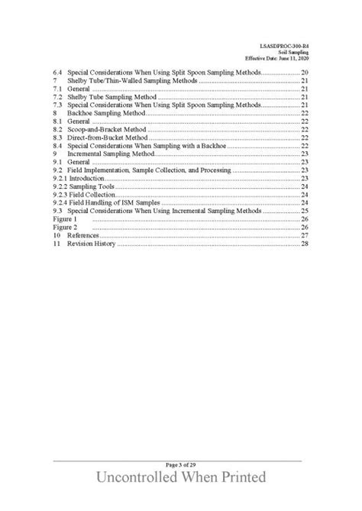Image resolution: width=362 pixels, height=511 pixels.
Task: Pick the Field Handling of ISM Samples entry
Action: click(107, 202)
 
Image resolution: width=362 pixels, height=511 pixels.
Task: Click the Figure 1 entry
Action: click(64, 219)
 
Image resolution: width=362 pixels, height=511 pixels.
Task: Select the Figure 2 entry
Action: click(64, 228)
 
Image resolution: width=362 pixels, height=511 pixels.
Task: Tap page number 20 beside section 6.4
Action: click(304, 73)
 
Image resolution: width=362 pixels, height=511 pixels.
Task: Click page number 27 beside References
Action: click(304, 236)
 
